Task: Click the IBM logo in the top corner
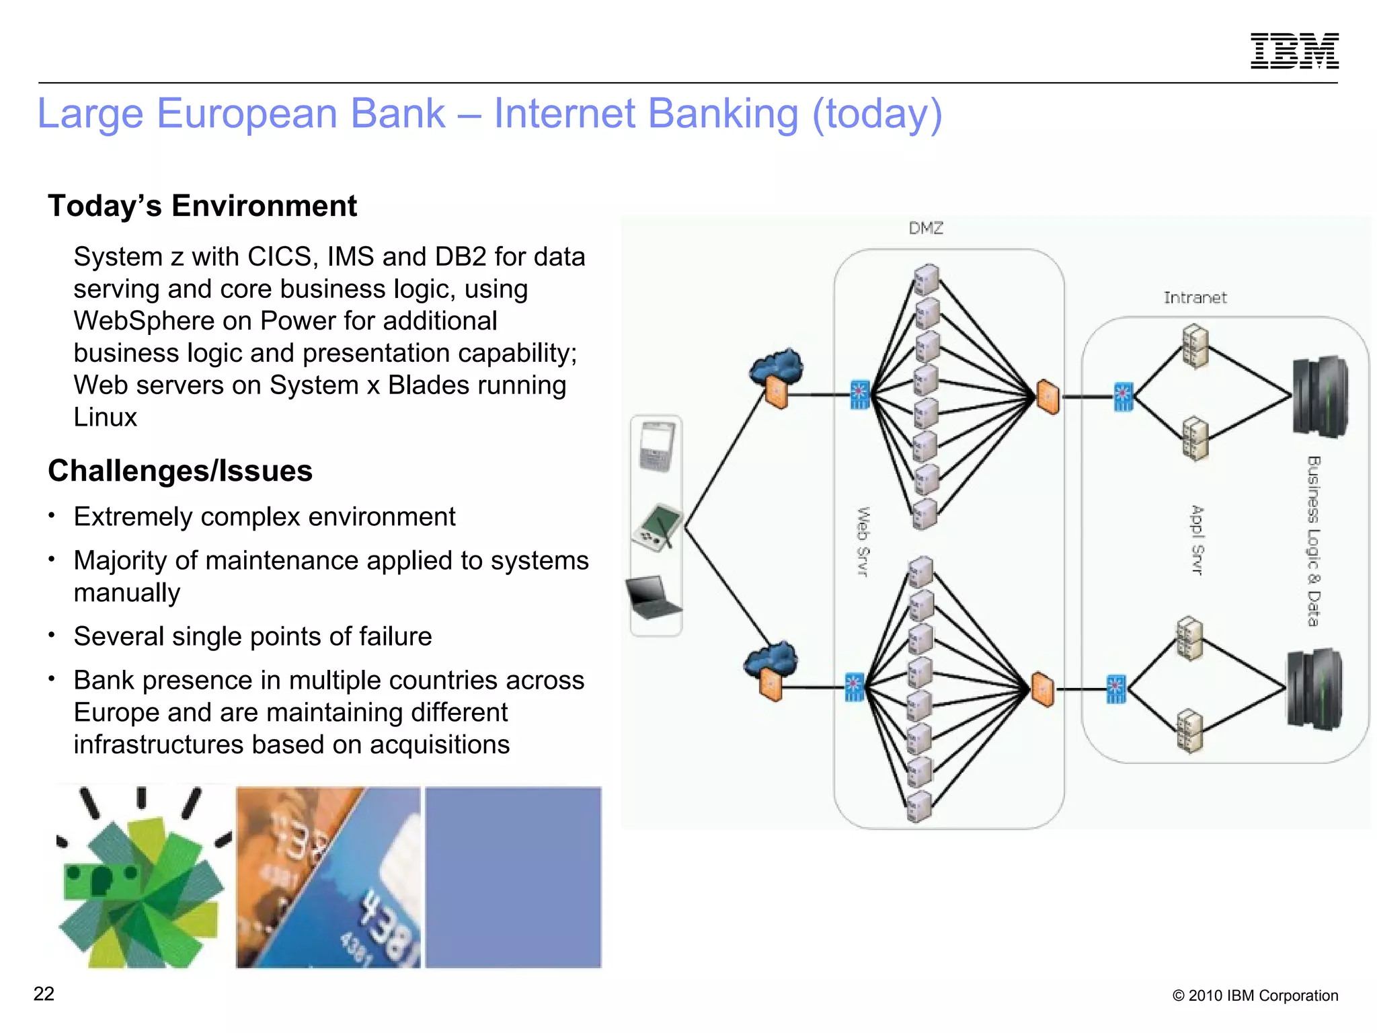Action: (1294, 50)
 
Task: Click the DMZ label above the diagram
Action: (926, 228)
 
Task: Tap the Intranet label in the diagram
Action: (1195, 297)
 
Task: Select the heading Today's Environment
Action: (202, 206)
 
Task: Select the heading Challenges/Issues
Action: (180, 471)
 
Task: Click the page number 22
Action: (44, 994)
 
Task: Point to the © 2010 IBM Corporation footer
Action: (1255, 995)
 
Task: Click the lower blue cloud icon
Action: (771, 659)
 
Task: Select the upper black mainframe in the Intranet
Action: (1320, 397)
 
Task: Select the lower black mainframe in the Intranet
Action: (1314, 689)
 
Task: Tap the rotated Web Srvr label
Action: (863, 542)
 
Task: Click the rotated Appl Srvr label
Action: (1196, 540)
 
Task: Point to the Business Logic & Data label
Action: (1313, 541)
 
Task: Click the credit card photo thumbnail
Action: (328, 877)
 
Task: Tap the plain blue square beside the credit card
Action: (513, 877)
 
